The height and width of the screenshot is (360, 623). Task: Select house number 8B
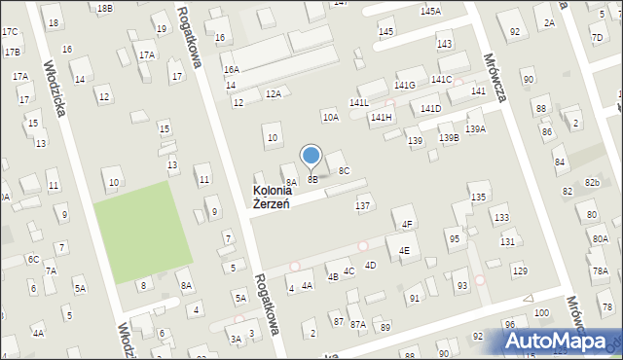[312, 179]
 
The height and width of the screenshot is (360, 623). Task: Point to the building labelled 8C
[345, 171]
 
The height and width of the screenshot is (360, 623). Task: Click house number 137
[363, 205]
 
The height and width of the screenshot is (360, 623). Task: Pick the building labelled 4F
[408, 225]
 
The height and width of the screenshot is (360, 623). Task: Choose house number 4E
[404, 250]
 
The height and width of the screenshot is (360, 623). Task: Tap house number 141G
[405, 86]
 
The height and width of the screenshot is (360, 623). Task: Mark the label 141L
[359, 102]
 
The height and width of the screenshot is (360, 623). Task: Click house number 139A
[476, 128]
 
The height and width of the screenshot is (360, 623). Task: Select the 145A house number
[430, 11]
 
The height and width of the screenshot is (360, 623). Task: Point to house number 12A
[274, 93]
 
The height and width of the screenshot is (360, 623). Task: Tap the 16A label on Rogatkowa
[231, 70]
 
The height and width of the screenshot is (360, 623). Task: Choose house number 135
[478, 198]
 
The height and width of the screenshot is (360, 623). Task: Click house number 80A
[600, 238]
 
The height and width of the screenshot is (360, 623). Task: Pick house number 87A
[358, 325]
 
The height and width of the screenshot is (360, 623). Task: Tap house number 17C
[10, 31]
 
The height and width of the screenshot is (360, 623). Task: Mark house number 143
[444, 45]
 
